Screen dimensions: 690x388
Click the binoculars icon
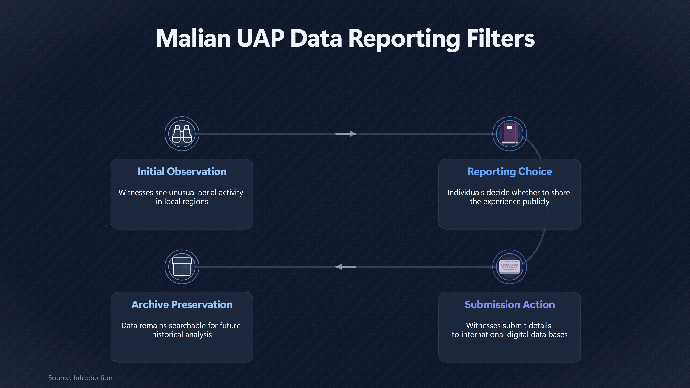182,134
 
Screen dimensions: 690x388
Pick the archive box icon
182,267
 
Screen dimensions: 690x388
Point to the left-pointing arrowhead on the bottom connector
339,267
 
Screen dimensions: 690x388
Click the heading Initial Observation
182,171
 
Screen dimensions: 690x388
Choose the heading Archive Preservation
182,304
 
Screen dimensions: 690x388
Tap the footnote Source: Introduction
80,378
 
